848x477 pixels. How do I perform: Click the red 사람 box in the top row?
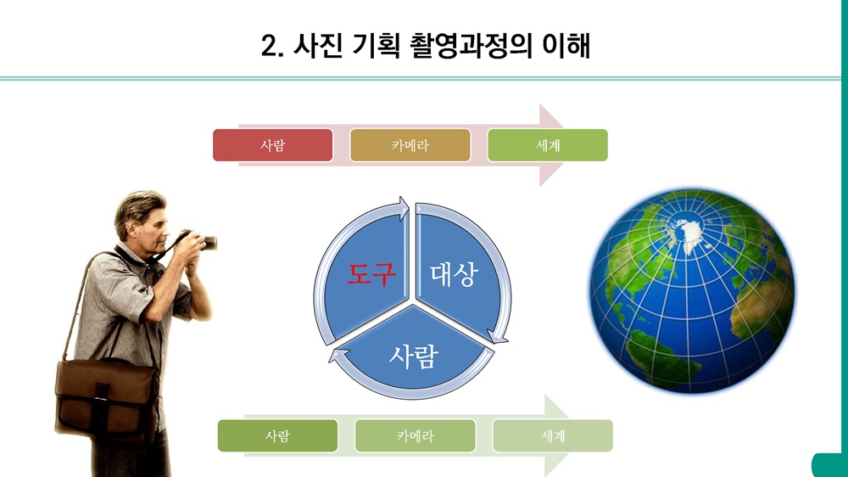272,145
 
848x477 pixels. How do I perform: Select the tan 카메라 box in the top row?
410,145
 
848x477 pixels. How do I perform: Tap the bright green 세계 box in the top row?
547,145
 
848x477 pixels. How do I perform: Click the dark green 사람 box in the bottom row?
277,435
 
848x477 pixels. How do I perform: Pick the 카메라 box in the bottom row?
415,435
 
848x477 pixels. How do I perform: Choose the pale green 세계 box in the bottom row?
552,435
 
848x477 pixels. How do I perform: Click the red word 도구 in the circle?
371,274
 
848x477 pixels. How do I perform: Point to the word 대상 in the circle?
455,274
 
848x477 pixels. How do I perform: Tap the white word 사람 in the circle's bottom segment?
413,356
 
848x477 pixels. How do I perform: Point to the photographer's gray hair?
137,209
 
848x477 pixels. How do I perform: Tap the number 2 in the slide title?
270,46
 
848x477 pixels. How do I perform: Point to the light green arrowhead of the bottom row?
556,435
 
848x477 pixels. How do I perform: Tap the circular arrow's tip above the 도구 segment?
404,208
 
